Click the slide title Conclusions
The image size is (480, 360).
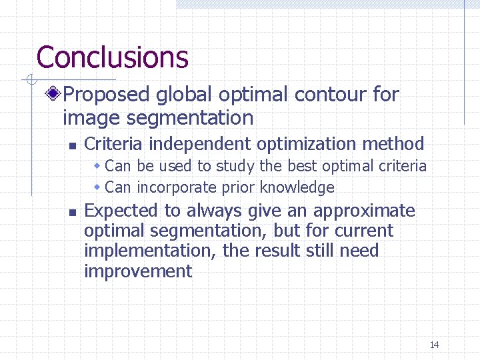(112, 57)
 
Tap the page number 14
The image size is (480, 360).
(434, 345)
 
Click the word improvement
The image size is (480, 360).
(138, 271)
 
